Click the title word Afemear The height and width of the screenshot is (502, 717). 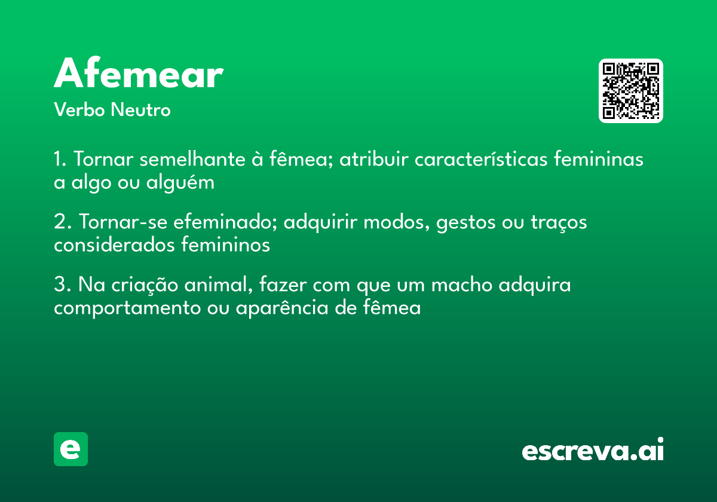[139, 75]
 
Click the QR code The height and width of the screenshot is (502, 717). [631, 91]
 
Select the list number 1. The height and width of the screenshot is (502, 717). [59, 160]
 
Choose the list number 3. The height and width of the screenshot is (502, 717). [60, 285]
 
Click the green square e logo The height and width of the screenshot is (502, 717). [71, 449]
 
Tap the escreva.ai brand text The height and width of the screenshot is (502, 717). [593, 451]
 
